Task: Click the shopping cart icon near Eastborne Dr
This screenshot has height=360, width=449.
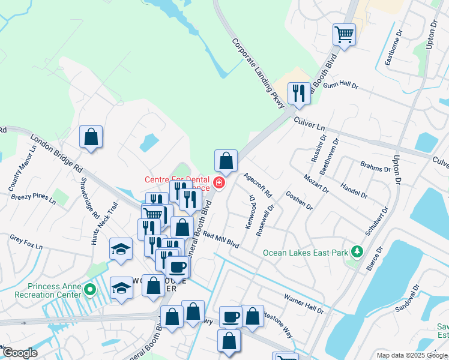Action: click(x=345, y=34)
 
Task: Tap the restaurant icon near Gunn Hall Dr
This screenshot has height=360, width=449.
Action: click(x=298, y=93)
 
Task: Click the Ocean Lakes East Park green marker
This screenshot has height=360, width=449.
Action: click(x=358, y=250)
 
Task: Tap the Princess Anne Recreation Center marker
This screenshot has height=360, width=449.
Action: click(x=90, y=290)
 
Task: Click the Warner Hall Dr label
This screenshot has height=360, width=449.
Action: click(x=304, y=304)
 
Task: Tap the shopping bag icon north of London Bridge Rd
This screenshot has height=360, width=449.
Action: click(x=91, y=136)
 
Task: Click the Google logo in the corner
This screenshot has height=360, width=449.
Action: click(x=20, y=353)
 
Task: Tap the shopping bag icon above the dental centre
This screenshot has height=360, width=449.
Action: click(x=226, y=160)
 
